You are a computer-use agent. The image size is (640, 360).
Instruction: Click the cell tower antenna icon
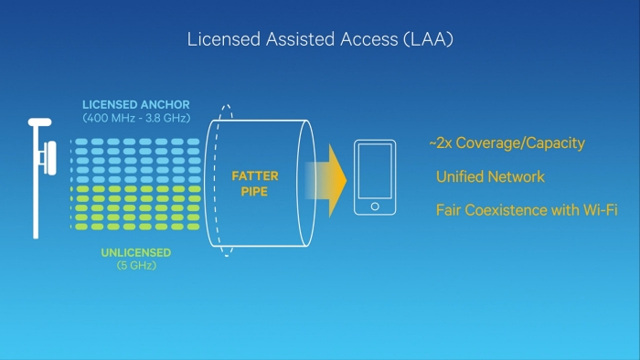(x=40, y=174)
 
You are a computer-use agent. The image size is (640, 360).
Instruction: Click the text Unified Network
(x=490, y=177)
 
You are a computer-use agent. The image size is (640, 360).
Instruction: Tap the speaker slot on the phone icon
(x=375, y=147)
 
